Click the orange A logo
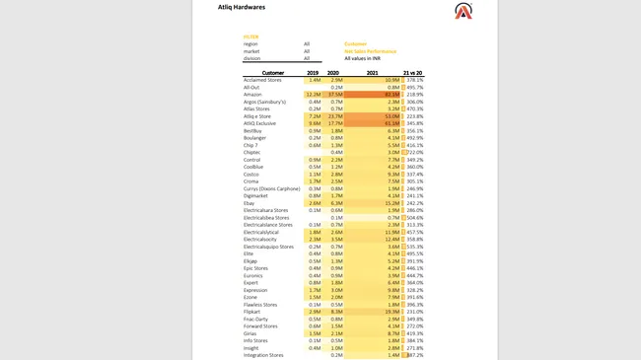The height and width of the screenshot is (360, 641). click(x=463, y=11)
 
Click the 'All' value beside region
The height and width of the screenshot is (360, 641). click(x=307, y=43)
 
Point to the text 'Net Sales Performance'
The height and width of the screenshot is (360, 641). click(x=371, y=51)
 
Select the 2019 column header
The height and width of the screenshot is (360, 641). click(x=312, y=72)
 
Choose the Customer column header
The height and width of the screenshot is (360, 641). click(x=273, y=72)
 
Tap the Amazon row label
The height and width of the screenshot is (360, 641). click(x=254, y=94)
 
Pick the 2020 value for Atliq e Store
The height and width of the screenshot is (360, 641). click(x=335, y=115)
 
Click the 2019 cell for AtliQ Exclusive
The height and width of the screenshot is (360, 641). click(x=314, y=123)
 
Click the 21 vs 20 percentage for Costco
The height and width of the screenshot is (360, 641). click(x=413, y=174)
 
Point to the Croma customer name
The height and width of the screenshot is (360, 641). click(x=252, y=180)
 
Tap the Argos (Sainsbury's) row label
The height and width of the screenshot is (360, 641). click(x=264, y=102)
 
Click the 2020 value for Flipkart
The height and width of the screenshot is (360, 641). click(x=335, y=311)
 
